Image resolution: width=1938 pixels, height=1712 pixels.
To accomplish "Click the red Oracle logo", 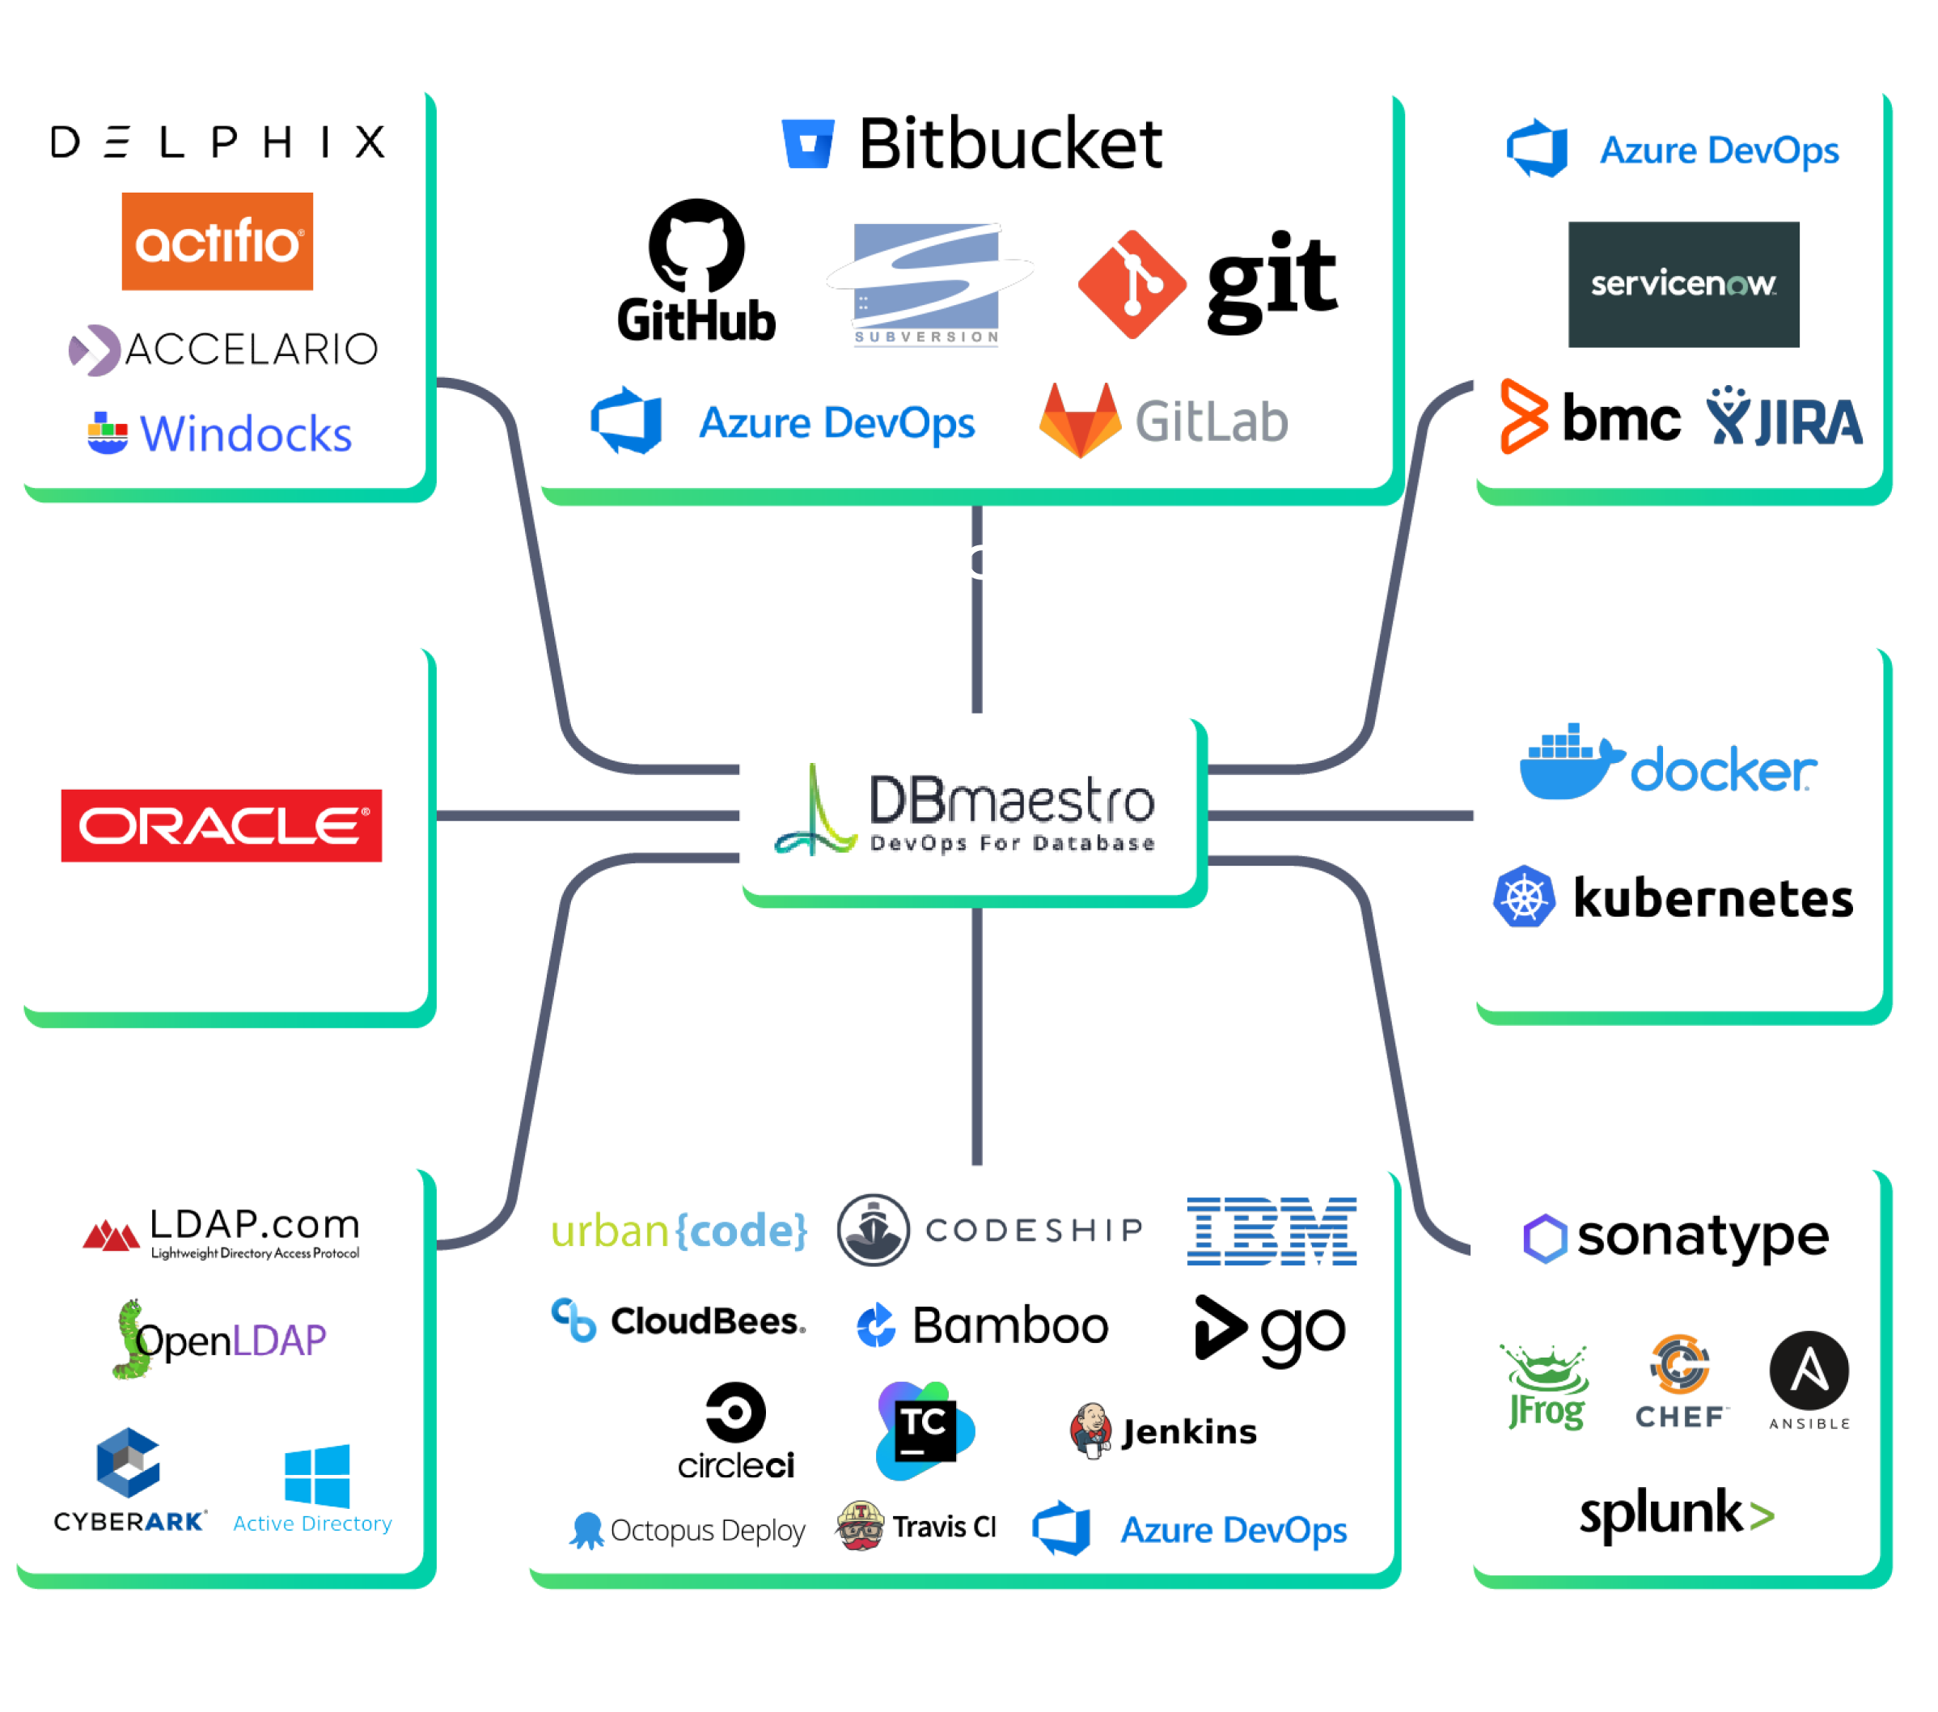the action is [x=221, y=825].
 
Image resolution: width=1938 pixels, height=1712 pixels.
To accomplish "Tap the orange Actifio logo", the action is [x=217, y=241].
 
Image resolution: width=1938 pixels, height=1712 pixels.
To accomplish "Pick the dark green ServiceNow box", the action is [x=1683, y=285].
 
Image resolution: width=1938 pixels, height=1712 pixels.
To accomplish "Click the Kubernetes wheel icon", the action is [x=1524, y=896].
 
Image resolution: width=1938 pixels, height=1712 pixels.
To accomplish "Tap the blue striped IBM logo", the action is [x=1272, y=1231].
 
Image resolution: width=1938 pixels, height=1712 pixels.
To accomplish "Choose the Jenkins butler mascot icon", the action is [x=1090, y=1430].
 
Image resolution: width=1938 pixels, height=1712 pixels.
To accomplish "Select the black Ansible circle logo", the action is [x=1809, y=1371].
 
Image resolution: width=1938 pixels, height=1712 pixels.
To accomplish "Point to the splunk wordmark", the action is [x=1676, y=1514].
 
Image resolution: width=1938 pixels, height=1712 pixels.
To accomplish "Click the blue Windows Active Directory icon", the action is [x=317, y=1476].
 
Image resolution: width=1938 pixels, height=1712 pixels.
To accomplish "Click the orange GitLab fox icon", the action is [x=1079, y=420].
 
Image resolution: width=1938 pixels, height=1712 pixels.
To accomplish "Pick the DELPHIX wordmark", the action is [x=218, y=142].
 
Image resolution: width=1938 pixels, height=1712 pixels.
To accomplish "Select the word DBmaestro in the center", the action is [x=1012, y=800].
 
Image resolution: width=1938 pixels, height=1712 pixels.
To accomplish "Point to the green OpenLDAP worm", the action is [x=131, y=1339].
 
